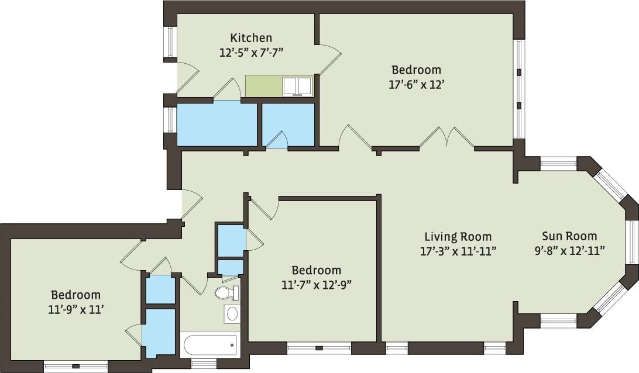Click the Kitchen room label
click(250, 38)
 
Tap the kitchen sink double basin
click(297, 87)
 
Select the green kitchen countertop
click(264, 86)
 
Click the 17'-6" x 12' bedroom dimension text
click(417, 84)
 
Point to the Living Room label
click(458, 237)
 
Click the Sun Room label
click(569, 236)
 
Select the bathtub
click(209, 345)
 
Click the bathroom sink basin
click(232, 314)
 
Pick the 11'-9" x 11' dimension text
click(75, 309)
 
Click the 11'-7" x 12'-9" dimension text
click(317, 285)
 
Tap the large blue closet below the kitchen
click(217, 124)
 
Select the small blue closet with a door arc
click(288, 124)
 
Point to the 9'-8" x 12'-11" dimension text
click(569, 251)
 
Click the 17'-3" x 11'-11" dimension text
click(458, 251)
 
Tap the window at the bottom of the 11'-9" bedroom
click(75, 367)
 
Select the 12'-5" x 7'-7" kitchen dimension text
click(250, 52)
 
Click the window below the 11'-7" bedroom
click(319, 348)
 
